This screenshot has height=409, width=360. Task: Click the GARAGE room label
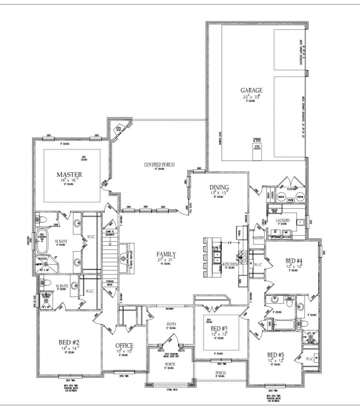[251, 90]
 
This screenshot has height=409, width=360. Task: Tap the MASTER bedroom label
[69, 175]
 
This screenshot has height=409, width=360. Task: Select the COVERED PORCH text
[159, 165]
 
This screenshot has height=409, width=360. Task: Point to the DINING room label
[219, 187]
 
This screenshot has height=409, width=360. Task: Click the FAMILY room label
[165, 254]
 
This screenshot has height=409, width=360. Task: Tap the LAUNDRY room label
[283, 221]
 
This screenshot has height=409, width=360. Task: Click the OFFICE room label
[124, 345]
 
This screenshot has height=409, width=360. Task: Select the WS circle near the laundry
[290, 199]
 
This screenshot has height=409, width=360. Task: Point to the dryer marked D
[275, 232]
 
